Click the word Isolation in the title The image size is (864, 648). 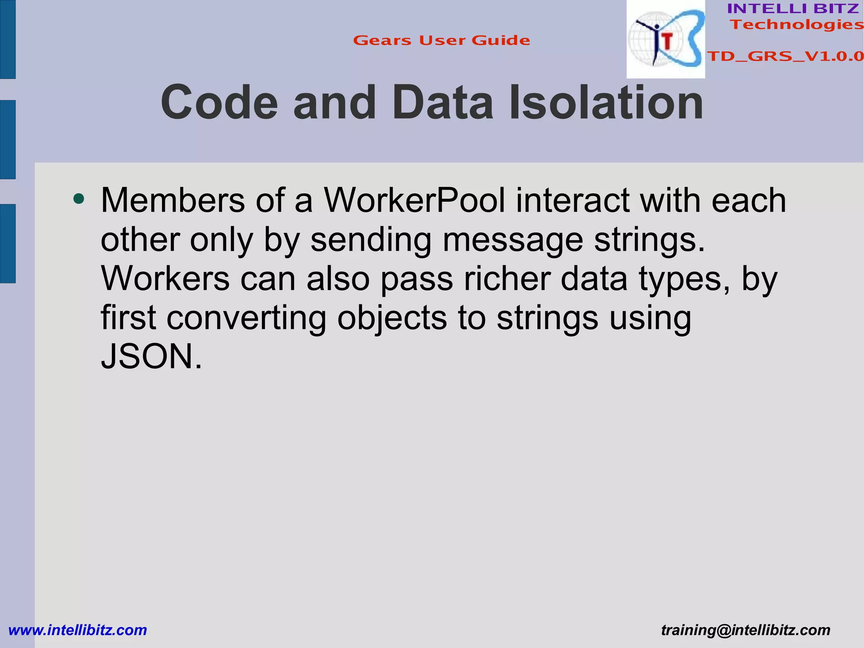pyautogui.click(x=606, y=103)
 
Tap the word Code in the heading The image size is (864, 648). pyautogui.click(x=219, y=103)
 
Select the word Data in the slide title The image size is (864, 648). pyautogui.click(x=443, y=103)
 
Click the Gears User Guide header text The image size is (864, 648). pyautogui.click(x=441, y=41)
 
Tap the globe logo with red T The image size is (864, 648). pyautogui.click(x=665, y=40)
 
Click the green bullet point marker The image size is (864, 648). pyautogui.click(x=78, y=198)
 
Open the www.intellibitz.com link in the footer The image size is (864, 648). pyautogui.click(x=78, y=630)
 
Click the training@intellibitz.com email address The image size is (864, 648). pyautogui.click(x=745, y=630)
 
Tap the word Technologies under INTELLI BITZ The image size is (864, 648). pyautogui.click(x=796, y=25)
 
